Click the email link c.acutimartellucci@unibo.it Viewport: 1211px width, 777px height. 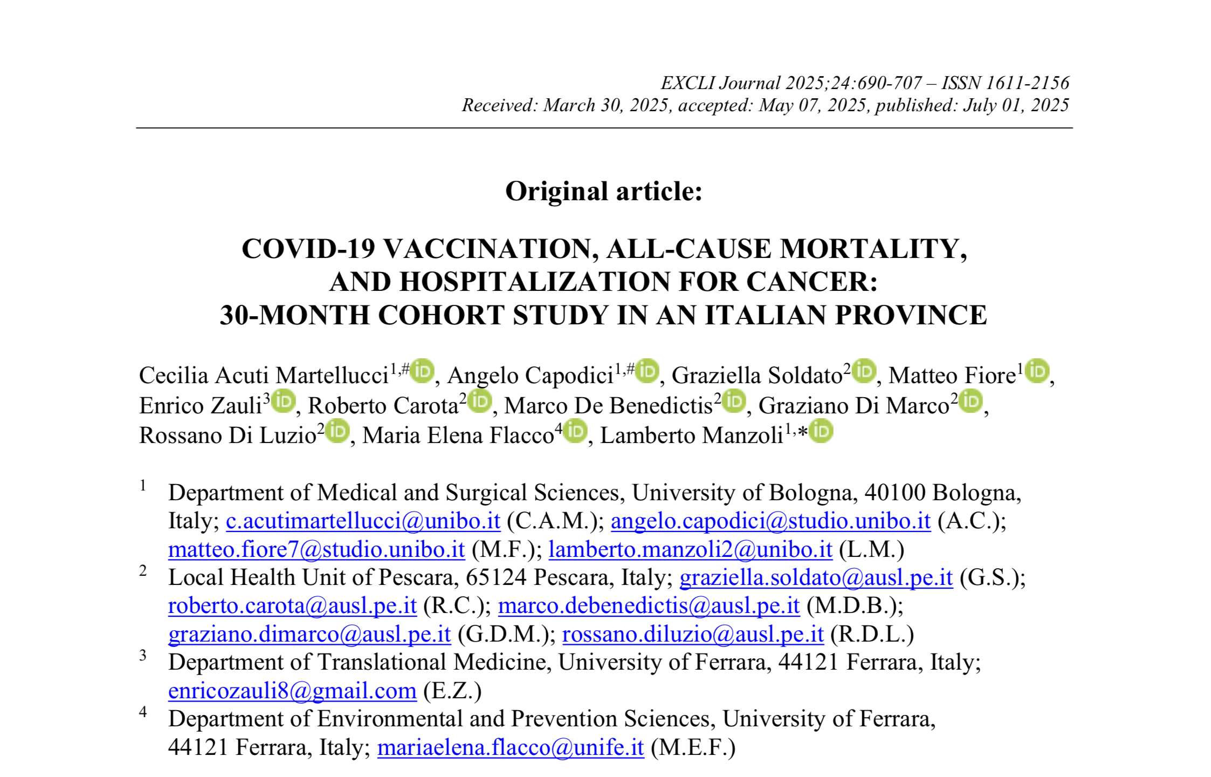point(363,521)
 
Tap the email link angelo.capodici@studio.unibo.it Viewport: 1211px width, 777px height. point(770,521)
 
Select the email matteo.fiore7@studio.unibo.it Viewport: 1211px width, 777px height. point(316,550)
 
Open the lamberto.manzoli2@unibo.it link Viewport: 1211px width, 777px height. point(690,550)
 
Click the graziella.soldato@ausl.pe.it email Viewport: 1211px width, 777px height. point(816,578)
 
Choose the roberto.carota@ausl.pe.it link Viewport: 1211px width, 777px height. point(292,606)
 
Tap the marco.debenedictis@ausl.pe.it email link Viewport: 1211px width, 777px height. point(649,606)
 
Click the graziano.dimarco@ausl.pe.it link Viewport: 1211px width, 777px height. point(309,635)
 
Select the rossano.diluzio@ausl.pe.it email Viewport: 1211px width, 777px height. point(693,635)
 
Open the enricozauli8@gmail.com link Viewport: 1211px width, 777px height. point(292,691)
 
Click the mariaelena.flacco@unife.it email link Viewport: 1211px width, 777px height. point(511,748)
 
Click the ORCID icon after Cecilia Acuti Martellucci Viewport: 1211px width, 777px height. point(422,371)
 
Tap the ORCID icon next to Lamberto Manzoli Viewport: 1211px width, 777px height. point(821,431)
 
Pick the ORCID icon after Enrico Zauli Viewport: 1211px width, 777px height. point(283,401)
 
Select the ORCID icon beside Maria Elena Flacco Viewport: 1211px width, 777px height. point(575,431)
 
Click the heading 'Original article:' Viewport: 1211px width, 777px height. point(603,192)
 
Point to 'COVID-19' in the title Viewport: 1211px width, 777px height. point(308,249)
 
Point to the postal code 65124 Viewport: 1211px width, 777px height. point(496,578)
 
